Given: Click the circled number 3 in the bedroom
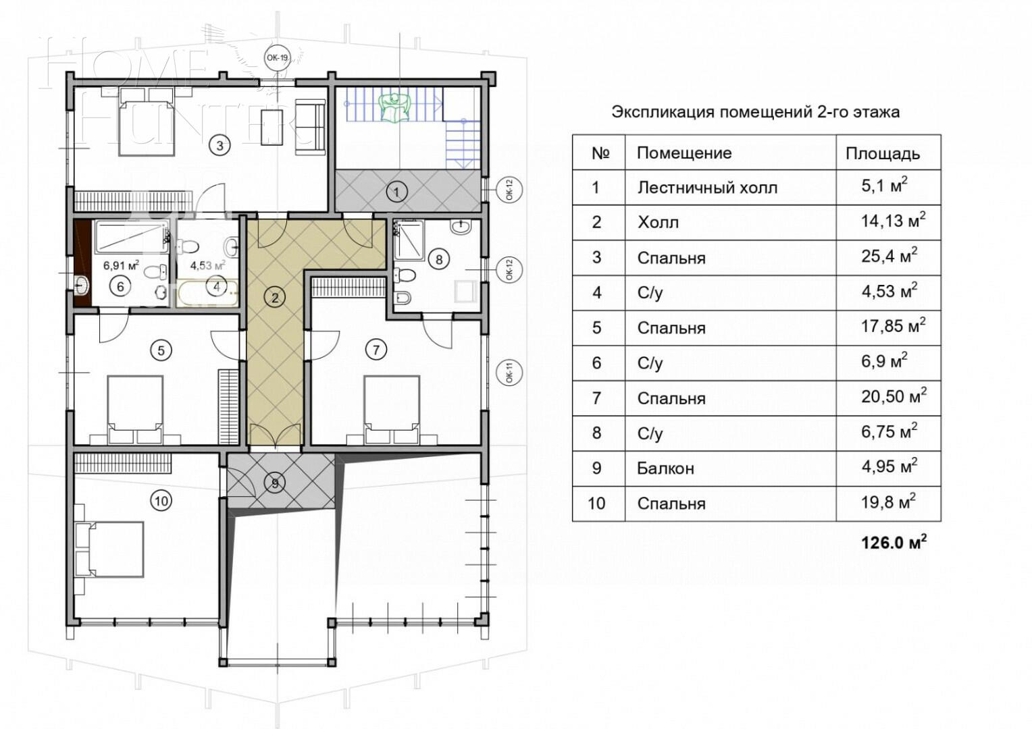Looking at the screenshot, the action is click(220, 146).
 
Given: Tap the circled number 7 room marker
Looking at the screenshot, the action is click(376, 350).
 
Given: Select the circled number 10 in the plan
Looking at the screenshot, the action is click(161, 501).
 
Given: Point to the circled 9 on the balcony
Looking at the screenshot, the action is click(275, 483).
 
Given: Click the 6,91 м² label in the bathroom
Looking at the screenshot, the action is click(121, 265).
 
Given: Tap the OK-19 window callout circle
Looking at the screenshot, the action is click(278, 57).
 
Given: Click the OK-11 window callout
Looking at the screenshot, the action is click(509, 373).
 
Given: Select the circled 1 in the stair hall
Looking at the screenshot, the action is click(396, 192).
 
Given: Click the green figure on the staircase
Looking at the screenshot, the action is click(394, 107).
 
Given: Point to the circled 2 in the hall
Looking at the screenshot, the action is click(275, 298).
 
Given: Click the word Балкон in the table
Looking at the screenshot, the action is click(665, 469).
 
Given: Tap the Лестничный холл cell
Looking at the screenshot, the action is click(707, 188).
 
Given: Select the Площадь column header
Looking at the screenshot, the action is click(883, 154).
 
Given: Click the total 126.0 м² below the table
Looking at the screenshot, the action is click(894, 543).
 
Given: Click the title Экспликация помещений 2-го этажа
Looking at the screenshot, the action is click(756, 112).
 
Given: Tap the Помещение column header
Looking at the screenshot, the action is click(684, 153).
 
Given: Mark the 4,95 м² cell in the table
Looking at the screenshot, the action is click(889, 466).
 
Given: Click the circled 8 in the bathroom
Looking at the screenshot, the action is click(438, 260).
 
